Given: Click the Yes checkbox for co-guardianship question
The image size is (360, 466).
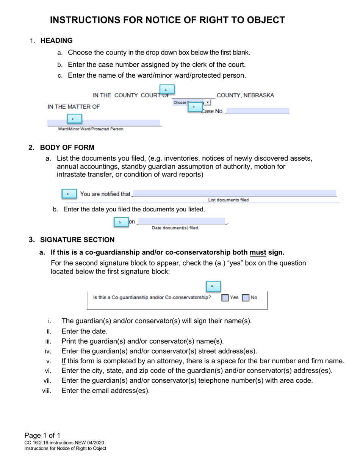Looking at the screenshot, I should (x=225, y=298).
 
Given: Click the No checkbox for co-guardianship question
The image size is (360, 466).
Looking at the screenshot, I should (x=246, y=298).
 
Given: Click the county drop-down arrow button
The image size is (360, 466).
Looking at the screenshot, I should (x=208, y=102).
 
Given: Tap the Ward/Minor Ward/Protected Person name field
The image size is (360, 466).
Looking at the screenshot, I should (x=104, y=123).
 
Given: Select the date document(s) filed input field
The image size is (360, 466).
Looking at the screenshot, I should (x=182, y=222).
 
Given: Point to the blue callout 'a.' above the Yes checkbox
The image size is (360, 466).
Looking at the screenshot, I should (x=213, y=286).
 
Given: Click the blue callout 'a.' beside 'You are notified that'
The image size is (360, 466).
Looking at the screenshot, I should (x=69, y=194).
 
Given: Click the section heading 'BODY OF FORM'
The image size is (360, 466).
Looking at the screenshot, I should (x=67, y=148).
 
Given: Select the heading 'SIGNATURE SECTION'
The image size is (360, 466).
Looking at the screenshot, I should (x=77, y=240).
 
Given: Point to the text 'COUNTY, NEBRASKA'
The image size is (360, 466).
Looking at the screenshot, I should (x=245, y=95).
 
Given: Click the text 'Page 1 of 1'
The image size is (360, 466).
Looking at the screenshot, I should (x=42, y=435).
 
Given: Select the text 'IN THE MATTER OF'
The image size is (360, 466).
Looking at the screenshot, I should (x=74, y=107).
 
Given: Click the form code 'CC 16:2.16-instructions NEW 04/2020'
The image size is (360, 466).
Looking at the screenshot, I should (x=64, y=443).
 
